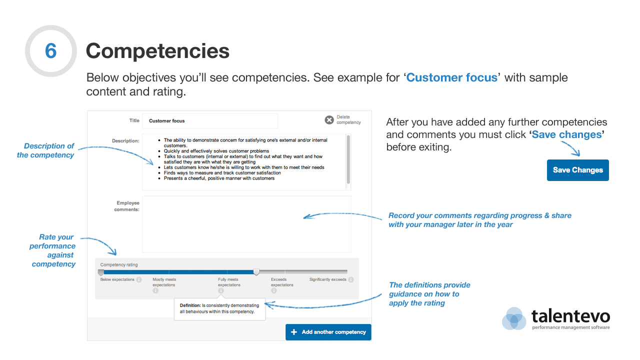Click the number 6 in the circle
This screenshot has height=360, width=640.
51,51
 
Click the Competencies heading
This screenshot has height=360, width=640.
157,51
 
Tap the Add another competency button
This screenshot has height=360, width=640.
328,332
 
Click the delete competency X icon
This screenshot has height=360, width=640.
329,120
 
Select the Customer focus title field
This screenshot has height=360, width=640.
210,121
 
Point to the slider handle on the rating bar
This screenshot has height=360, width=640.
256,271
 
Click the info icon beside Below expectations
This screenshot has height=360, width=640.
139,279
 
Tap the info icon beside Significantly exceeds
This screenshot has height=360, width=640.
351,279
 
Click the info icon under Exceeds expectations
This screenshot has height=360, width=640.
273,290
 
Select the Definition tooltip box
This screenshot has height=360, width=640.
219,309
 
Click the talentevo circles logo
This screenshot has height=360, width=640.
514,318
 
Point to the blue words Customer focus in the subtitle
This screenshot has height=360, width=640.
451,77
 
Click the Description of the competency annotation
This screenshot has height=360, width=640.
45,150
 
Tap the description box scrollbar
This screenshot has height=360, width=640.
348,159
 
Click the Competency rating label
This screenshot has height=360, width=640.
119,265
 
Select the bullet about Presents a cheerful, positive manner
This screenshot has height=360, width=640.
219,178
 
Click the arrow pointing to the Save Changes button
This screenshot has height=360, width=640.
571,148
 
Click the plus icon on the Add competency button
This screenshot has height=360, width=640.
293,332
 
